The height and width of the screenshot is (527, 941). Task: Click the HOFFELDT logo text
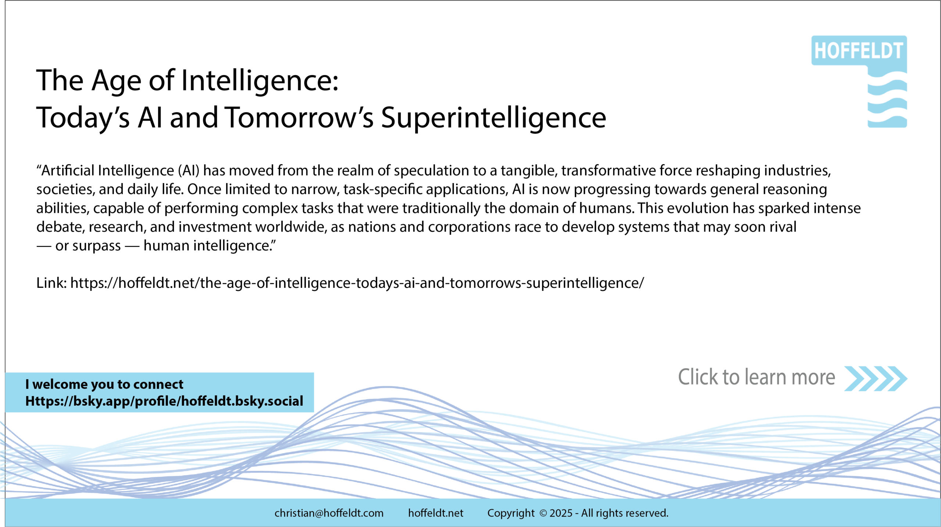[859, 51]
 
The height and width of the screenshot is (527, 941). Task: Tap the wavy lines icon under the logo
[887, 99]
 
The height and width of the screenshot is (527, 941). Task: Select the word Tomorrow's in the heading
[299, 118]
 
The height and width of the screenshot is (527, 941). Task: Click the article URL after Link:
[357, 283]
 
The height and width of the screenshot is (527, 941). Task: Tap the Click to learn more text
[756, 377]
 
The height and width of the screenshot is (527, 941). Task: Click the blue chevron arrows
[876, 379]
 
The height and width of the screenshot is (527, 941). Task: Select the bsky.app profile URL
[164, 401]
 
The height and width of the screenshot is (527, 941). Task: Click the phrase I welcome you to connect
[104, 384]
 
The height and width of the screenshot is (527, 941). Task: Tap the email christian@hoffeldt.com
[329, 513]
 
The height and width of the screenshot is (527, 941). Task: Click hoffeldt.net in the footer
[436, 513]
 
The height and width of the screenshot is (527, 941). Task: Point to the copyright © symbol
[543, 513]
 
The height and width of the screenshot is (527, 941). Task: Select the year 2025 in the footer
[561, 513]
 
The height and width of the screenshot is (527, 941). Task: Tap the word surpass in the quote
[97, 246]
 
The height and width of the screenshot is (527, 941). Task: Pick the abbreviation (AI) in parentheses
[189, 171]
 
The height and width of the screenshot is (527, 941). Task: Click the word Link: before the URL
[51, 283]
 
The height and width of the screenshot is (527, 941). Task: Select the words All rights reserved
[625, 513]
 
